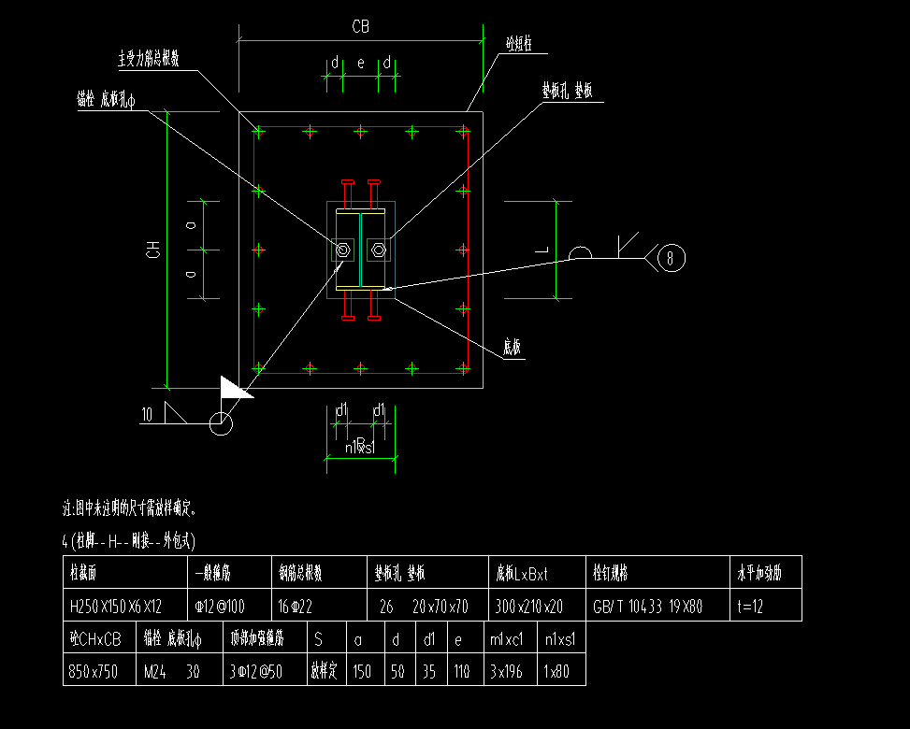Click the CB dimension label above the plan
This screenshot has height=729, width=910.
(360, 27)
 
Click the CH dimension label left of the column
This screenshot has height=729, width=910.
(151, 250)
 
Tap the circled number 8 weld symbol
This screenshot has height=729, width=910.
(671, 257)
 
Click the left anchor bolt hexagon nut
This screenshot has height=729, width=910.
(342, 250)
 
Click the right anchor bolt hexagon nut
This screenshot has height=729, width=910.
(378, 250)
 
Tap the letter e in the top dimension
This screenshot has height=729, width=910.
(361, 64)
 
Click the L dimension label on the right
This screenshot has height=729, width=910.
(541, 249)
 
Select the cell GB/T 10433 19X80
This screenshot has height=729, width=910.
(647, 606)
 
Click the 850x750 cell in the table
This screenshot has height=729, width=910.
(94, 670)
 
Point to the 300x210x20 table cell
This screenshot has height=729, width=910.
(528, 606)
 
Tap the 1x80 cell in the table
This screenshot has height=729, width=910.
(558, 670)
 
